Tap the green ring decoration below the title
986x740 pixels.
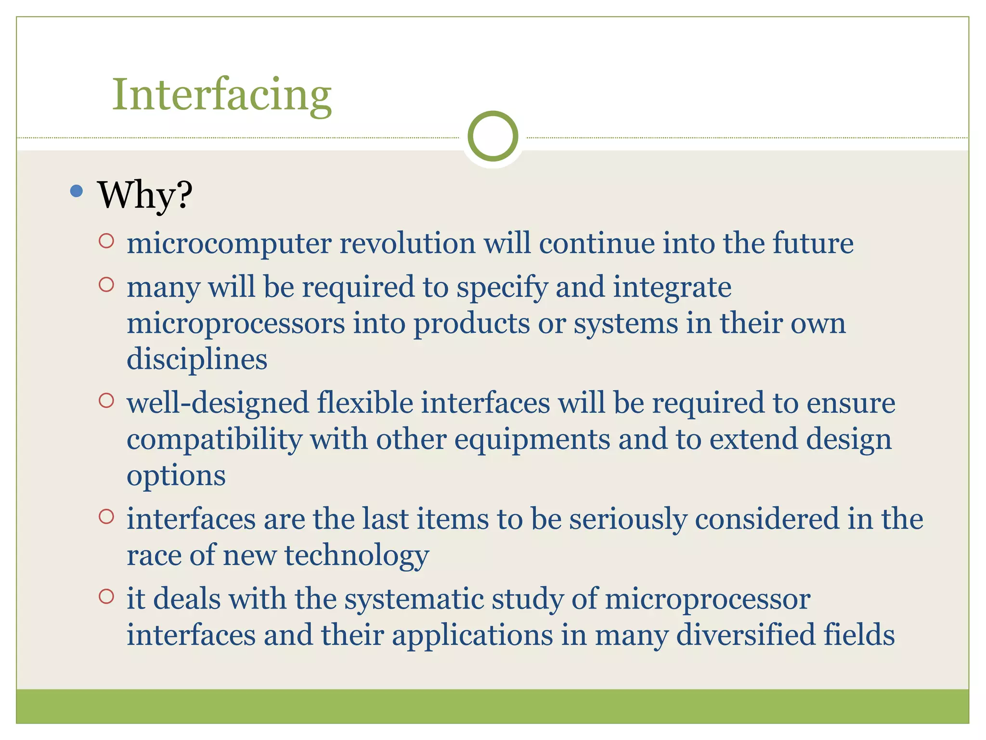[x=493, y=136]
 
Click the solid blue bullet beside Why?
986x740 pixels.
[x=76, y=191]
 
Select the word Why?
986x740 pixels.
[x=145, y=195]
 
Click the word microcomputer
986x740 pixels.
[x=229, y=243]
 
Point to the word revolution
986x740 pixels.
[x=407, y=243]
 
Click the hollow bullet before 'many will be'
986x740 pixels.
[x=106, y=285]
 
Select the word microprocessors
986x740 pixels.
[x=235, y=323]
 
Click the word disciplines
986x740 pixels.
[x=197, y=359]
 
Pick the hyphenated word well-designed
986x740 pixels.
[x=217, y=403]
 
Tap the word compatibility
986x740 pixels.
[x=214, y=439]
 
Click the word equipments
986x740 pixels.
[x=532, y=439]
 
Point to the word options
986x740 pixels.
[x=176, y=476]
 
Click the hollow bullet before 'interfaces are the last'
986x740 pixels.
[x=106, y=517]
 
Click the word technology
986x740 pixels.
[x=356, y=555]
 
